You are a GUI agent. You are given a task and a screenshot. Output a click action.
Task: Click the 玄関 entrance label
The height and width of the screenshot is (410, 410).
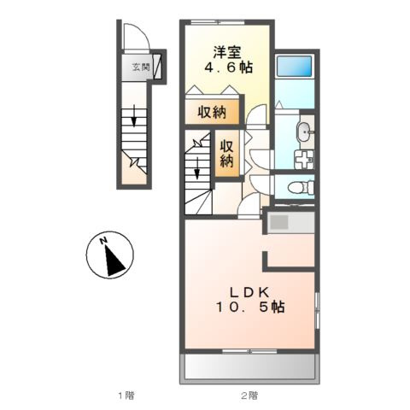141,67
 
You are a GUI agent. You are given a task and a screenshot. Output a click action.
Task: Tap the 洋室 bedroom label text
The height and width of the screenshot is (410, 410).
227,51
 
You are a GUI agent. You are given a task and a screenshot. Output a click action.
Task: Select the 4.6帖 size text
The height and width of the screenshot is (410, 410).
228,67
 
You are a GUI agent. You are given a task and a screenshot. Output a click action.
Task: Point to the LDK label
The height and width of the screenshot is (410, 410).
249,292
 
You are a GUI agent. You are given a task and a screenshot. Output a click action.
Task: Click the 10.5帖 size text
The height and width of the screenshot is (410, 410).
250,307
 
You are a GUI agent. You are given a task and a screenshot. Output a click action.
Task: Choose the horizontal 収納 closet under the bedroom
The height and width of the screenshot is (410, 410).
212,112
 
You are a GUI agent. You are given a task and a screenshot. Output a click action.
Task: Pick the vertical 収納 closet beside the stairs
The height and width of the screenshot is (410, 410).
227,154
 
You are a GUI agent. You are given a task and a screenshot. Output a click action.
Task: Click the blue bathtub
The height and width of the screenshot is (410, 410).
295,66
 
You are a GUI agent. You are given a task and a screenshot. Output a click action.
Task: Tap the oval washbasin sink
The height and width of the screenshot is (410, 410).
305,132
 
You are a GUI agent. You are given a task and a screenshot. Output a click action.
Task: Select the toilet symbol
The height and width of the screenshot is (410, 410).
301,188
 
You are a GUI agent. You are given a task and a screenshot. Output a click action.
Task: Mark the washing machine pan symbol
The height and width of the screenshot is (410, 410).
304,160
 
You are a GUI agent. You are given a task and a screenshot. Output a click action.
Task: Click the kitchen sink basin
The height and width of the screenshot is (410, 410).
279,222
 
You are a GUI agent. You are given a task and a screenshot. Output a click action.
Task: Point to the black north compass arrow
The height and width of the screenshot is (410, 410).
114,261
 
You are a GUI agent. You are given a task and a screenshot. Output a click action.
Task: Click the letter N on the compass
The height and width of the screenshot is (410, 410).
103,241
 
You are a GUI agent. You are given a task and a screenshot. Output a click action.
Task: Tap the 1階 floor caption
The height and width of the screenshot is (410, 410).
126,395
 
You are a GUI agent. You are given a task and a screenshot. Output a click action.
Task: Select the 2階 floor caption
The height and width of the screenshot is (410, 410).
249,395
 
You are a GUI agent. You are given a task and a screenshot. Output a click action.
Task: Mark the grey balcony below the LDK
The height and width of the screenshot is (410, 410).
249,366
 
